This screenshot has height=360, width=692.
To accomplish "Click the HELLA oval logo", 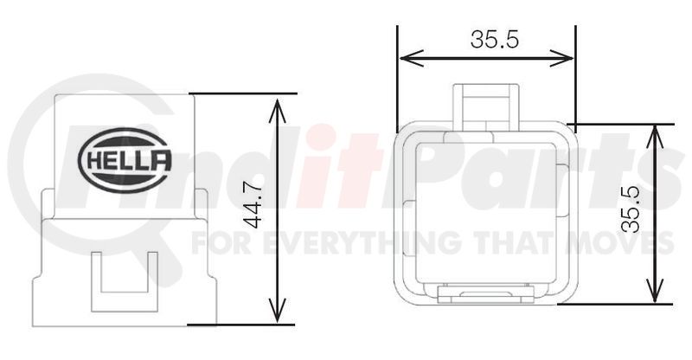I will [125, 159].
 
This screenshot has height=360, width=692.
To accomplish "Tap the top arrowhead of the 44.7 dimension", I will [277, 104].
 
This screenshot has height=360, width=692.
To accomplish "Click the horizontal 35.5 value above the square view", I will [489, 39].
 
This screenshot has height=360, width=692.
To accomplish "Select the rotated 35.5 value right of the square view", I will [631, 212].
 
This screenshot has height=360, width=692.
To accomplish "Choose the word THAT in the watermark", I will [528, 241].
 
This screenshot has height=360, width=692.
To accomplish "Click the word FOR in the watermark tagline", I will [221, 241].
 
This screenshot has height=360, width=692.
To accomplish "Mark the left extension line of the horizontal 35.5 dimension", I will [397, 78].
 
